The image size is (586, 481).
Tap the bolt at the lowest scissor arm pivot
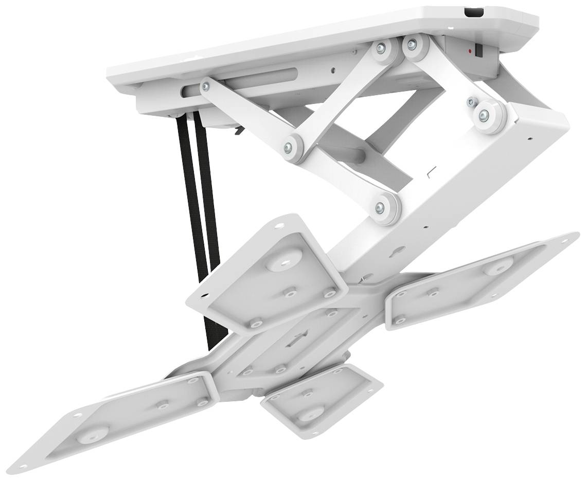pyautogui.click(x=380, y=208)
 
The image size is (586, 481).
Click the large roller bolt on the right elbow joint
pyautogui.click(x=484, y=116)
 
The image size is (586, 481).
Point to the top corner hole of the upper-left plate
pyautogui.click(x=279, y=225)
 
